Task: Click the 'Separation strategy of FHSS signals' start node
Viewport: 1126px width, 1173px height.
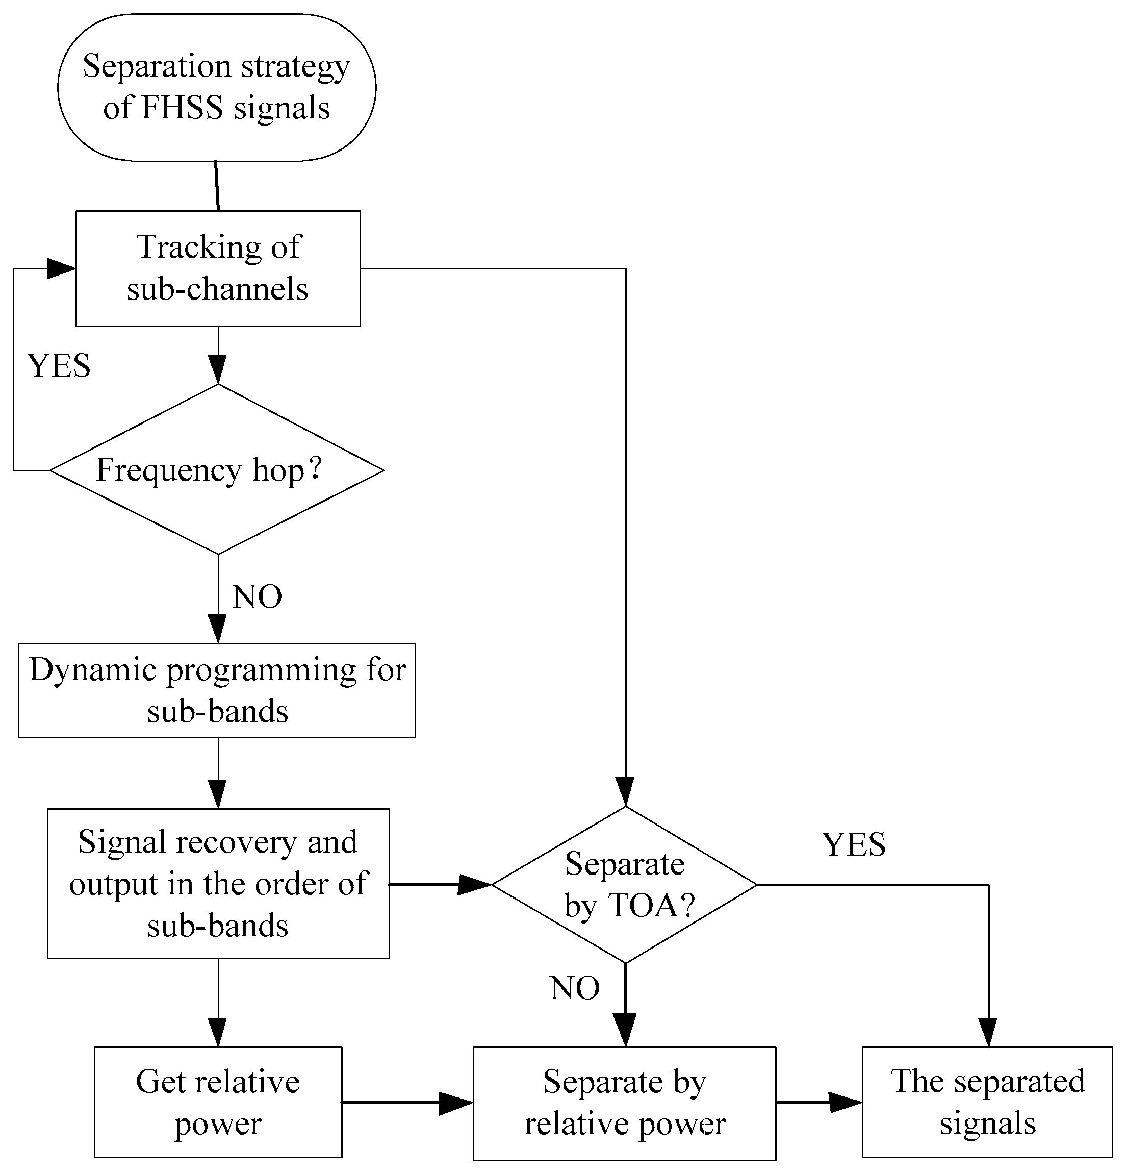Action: (x=217, y=87)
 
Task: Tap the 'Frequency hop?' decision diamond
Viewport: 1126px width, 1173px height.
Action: (x=217, y=469)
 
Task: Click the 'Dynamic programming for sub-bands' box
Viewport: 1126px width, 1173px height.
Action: (x=217, y=690)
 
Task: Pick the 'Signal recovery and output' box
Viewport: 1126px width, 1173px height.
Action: (x=218, y=883)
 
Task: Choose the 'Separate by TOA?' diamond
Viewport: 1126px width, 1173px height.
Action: (x=625, y=884)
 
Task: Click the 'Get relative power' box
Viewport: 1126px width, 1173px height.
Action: (x=218, y=1102)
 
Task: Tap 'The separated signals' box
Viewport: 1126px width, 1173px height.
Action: (x=987, y=1102)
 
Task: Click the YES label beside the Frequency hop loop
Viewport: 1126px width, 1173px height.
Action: (x=59, y=365)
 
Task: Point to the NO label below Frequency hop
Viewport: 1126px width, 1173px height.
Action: (x=257, y=596)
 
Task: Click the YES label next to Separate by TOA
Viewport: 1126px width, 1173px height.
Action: (x=854, y=844)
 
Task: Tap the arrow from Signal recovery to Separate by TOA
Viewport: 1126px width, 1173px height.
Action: (x=440, y=884)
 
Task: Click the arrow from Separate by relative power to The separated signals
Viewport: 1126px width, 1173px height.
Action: (x=819, y=1102)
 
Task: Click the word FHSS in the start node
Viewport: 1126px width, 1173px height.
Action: (x=183, y=108)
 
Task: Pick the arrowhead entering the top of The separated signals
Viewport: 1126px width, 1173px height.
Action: (x=988, y=1032)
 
